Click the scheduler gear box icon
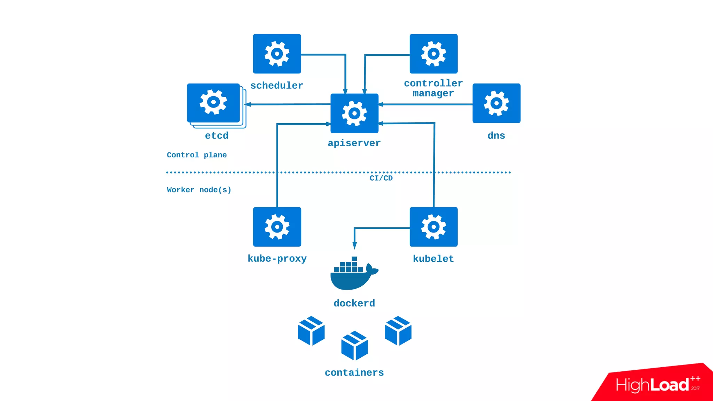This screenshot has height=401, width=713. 277,54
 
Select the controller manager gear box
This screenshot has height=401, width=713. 433,54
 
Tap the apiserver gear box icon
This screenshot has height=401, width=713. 354,113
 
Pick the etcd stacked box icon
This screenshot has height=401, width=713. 214,103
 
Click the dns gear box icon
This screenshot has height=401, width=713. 496,103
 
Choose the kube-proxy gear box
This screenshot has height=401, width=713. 277,227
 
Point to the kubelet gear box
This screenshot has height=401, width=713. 433,227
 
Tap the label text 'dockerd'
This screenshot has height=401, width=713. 354,303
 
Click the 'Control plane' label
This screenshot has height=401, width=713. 197,155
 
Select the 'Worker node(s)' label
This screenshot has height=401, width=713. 199,190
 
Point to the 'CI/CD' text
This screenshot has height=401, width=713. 381,178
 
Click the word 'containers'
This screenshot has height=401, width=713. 354,372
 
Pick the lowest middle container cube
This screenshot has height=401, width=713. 354,346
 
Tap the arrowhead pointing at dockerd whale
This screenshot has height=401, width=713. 354,246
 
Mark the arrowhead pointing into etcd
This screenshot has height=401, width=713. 248,104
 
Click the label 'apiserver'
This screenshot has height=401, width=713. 354,143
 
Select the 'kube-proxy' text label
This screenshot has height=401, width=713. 277,259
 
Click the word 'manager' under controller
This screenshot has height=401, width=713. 433,93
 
